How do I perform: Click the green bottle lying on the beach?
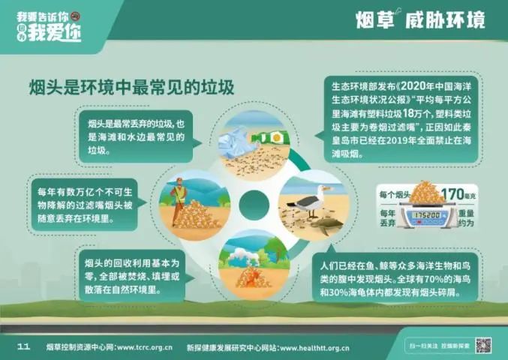271,137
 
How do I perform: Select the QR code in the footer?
483,346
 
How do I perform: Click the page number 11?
23,346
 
